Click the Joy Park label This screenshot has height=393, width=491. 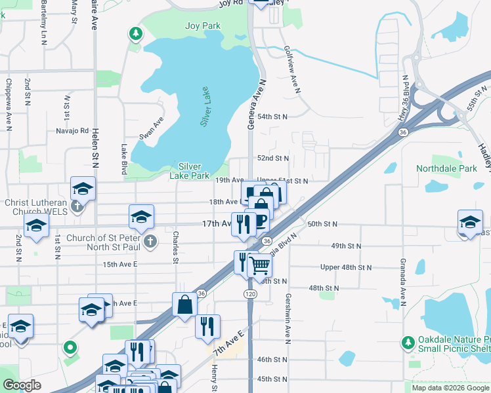coord(203,26)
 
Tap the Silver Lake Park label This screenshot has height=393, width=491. coord(190,171)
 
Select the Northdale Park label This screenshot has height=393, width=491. coord(446,168)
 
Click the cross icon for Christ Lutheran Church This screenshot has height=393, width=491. coord(77,208)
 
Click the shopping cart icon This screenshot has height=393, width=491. coord(259,265)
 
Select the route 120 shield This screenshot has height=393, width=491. coord(251,294)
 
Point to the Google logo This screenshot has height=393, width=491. coord(22,385)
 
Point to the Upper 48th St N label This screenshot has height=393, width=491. coord(345,267)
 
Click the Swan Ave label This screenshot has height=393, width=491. coord(150,127)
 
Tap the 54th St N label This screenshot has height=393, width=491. coord(272,117)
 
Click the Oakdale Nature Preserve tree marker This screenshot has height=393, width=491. coord(408,342)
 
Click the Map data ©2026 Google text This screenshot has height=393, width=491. coord(450,388)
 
